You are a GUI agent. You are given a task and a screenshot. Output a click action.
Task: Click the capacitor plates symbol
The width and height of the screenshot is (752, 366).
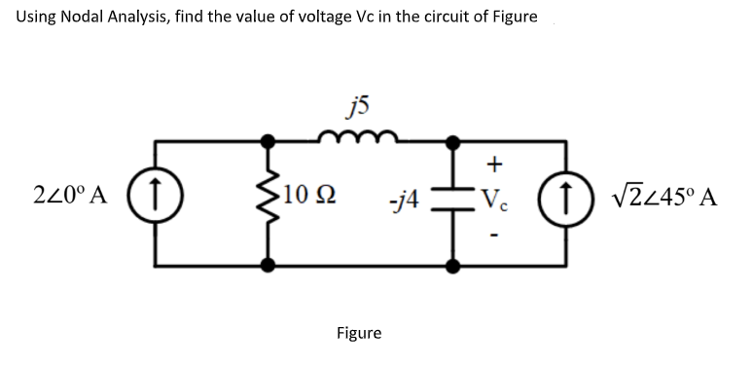[x=453, y=202]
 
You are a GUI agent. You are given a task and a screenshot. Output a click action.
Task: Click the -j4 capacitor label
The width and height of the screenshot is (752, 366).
[x=401, y=203]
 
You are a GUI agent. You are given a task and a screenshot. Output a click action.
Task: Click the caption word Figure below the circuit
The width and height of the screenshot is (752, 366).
[x=359, y=334]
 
